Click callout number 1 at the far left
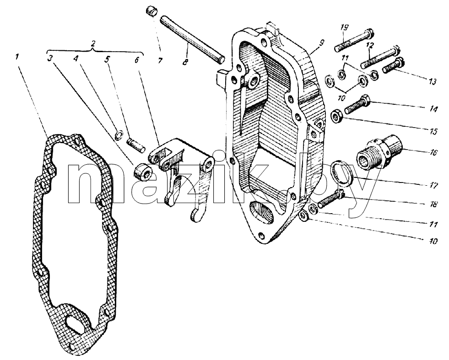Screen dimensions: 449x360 17,57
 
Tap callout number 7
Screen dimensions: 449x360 160,60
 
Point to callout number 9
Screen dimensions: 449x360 322,43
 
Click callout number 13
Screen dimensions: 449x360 432,81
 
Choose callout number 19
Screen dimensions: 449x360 345,27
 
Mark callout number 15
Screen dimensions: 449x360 433,131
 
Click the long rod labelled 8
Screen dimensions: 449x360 192,38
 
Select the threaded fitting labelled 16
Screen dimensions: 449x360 380,153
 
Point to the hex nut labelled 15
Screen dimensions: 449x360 336,116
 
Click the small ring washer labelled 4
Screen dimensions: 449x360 119,135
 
